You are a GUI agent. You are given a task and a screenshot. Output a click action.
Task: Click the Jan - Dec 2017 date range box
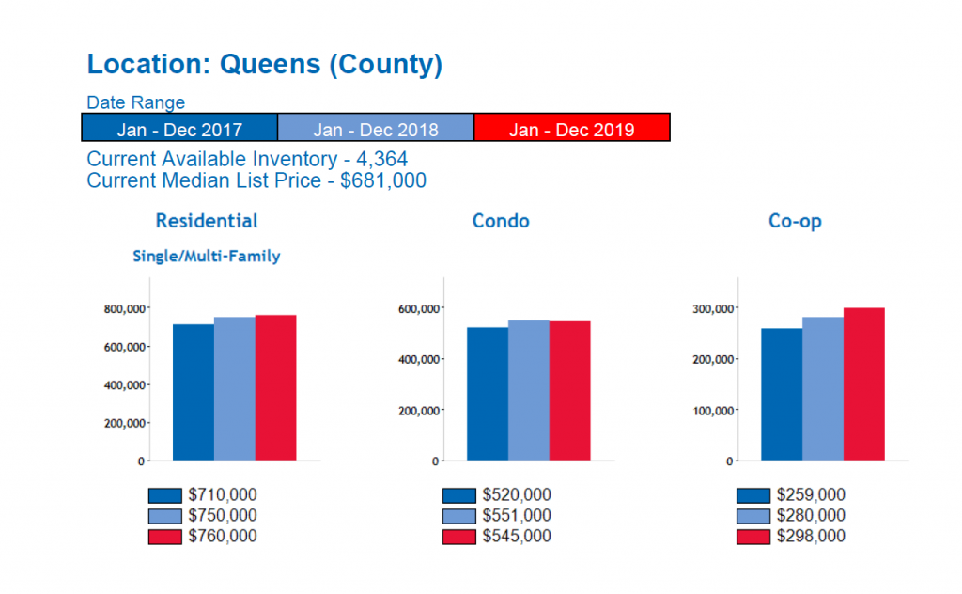tap(179, 129)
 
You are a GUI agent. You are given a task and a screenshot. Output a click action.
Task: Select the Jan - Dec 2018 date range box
tap(376, 129)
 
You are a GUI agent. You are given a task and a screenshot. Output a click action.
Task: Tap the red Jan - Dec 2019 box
tap(571, 129)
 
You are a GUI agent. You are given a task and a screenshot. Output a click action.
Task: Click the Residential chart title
tap(207, 221)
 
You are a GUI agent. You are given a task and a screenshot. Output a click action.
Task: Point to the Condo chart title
tap(501, 221)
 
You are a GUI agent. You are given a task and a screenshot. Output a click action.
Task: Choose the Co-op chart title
tap(795, 221)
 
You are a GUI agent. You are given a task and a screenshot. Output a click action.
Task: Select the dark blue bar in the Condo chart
tap(488, 394)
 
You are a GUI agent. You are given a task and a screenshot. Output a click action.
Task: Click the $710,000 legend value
tap(223, 495)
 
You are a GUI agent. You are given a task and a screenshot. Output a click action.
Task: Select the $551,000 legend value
tap(517, 516)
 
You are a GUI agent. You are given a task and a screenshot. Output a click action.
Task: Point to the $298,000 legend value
tap(811, 537)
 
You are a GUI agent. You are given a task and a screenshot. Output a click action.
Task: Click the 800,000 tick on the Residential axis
tap(123, 308)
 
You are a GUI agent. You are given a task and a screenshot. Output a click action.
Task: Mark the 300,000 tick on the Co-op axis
tap(712, 308)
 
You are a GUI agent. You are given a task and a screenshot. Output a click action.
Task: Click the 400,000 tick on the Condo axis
tap(418, 359)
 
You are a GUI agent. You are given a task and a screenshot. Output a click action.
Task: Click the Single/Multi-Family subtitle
tap(207, 256)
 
